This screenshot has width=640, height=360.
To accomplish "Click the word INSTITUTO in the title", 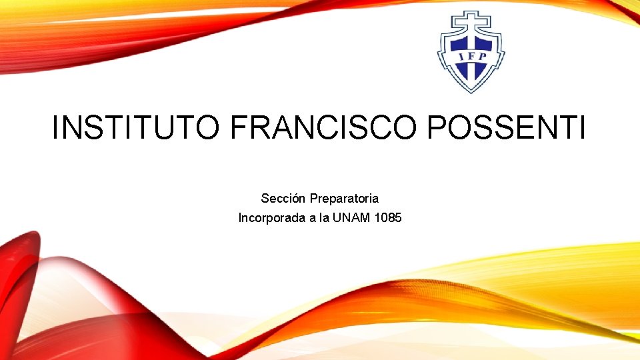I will [x=135, y=127].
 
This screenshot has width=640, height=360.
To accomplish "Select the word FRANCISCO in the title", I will [x=323, y=127].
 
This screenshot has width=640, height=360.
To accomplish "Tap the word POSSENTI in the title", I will [x=507, y=127].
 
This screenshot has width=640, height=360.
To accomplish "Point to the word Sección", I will [x=283, y=199].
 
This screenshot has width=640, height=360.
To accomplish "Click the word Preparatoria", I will [x=344, y=199].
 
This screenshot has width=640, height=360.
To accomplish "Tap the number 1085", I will [x=388, y=218].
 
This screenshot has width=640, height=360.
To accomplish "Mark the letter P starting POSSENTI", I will [x=440, y=127].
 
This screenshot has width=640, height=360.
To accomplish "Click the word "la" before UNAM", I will [x=325, y=218].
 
